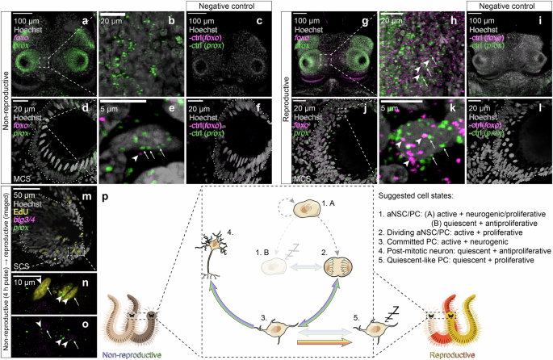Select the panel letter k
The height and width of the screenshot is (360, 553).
click(464, 105)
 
